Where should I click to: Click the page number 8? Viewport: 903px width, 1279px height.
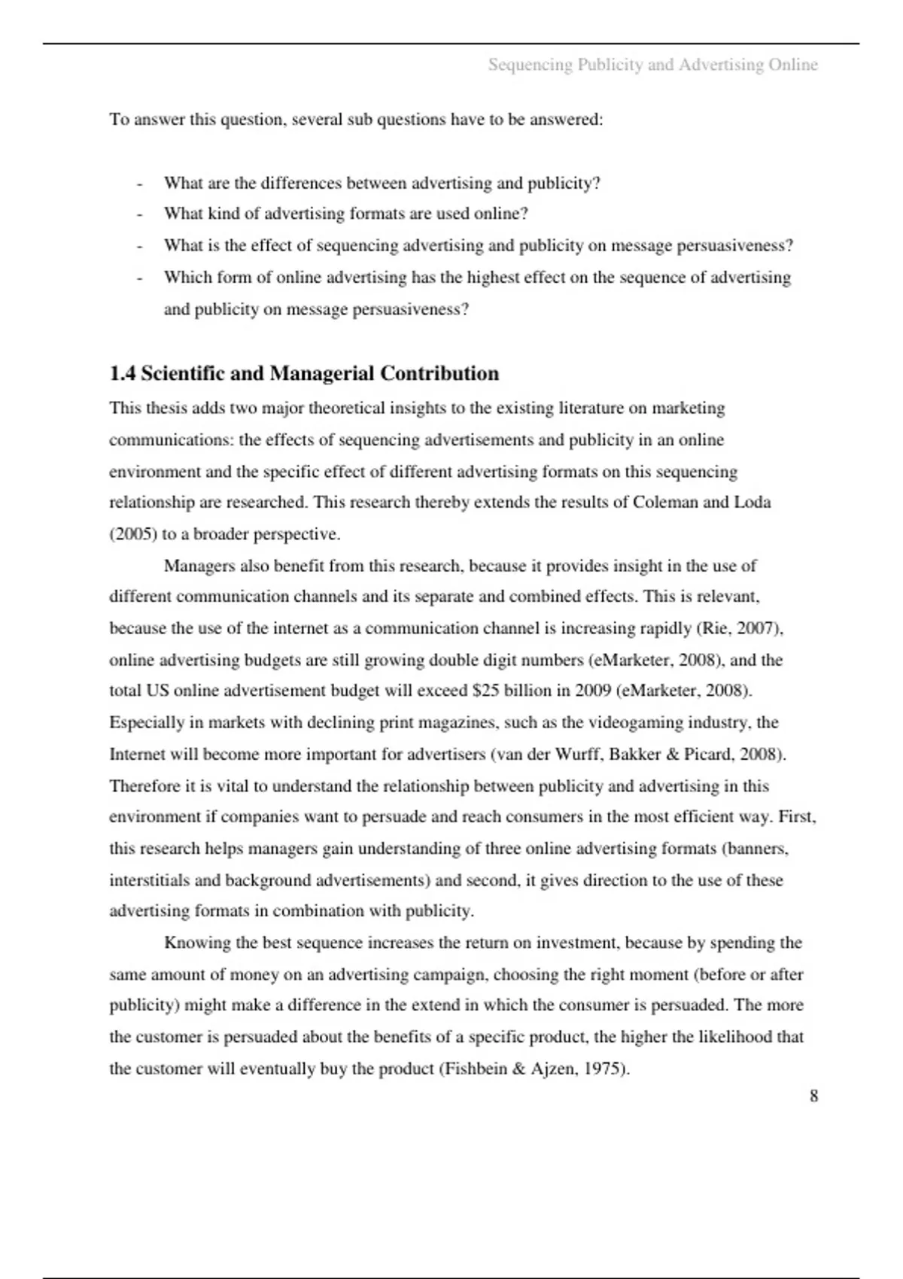coord(813,1096)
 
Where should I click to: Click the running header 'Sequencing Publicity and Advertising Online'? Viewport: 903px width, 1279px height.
coord(652,65)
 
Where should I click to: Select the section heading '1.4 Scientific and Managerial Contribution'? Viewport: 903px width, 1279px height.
coord(304,373)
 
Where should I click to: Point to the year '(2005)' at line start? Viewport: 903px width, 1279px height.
coord(133,534)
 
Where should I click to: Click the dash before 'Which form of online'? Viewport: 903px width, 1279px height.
coord(139,278)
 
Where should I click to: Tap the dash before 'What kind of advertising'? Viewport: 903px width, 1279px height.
coord(139,214)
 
